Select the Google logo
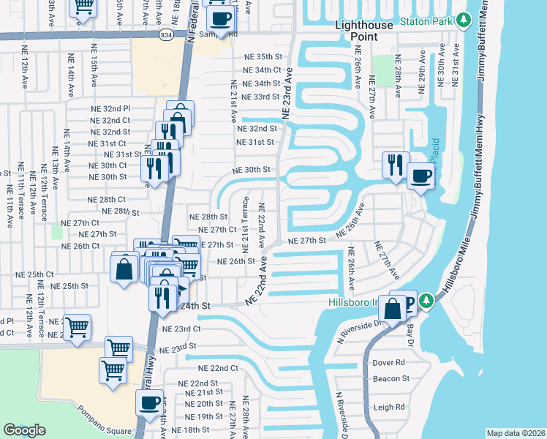(x=24, y=430)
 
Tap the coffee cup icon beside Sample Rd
(x=222, y=19)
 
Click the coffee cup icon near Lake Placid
(x=422, y=176)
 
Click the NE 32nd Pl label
(x=111, y=108)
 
